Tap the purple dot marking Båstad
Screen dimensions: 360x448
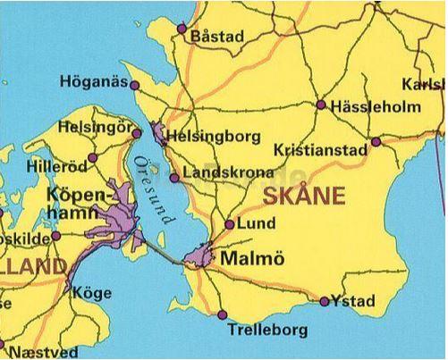[182, 29]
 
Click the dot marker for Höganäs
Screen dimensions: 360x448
[135, 86]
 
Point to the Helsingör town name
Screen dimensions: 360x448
[93, 128]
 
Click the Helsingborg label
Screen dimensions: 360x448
[215, 137]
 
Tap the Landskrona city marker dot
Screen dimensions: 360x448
[173, 178]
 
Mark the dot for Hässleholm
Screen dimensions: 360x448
[321, 105]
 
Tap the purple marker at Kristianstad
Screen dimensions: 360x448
[376, 141]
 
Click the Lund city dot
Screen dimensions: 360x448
[230, 225]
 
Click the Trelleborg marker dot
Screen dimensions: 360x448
[222, 314]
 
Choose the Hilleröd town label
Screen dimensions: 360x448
[59, 166]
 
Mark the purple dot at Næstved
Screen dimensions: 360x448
[2, 343]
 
